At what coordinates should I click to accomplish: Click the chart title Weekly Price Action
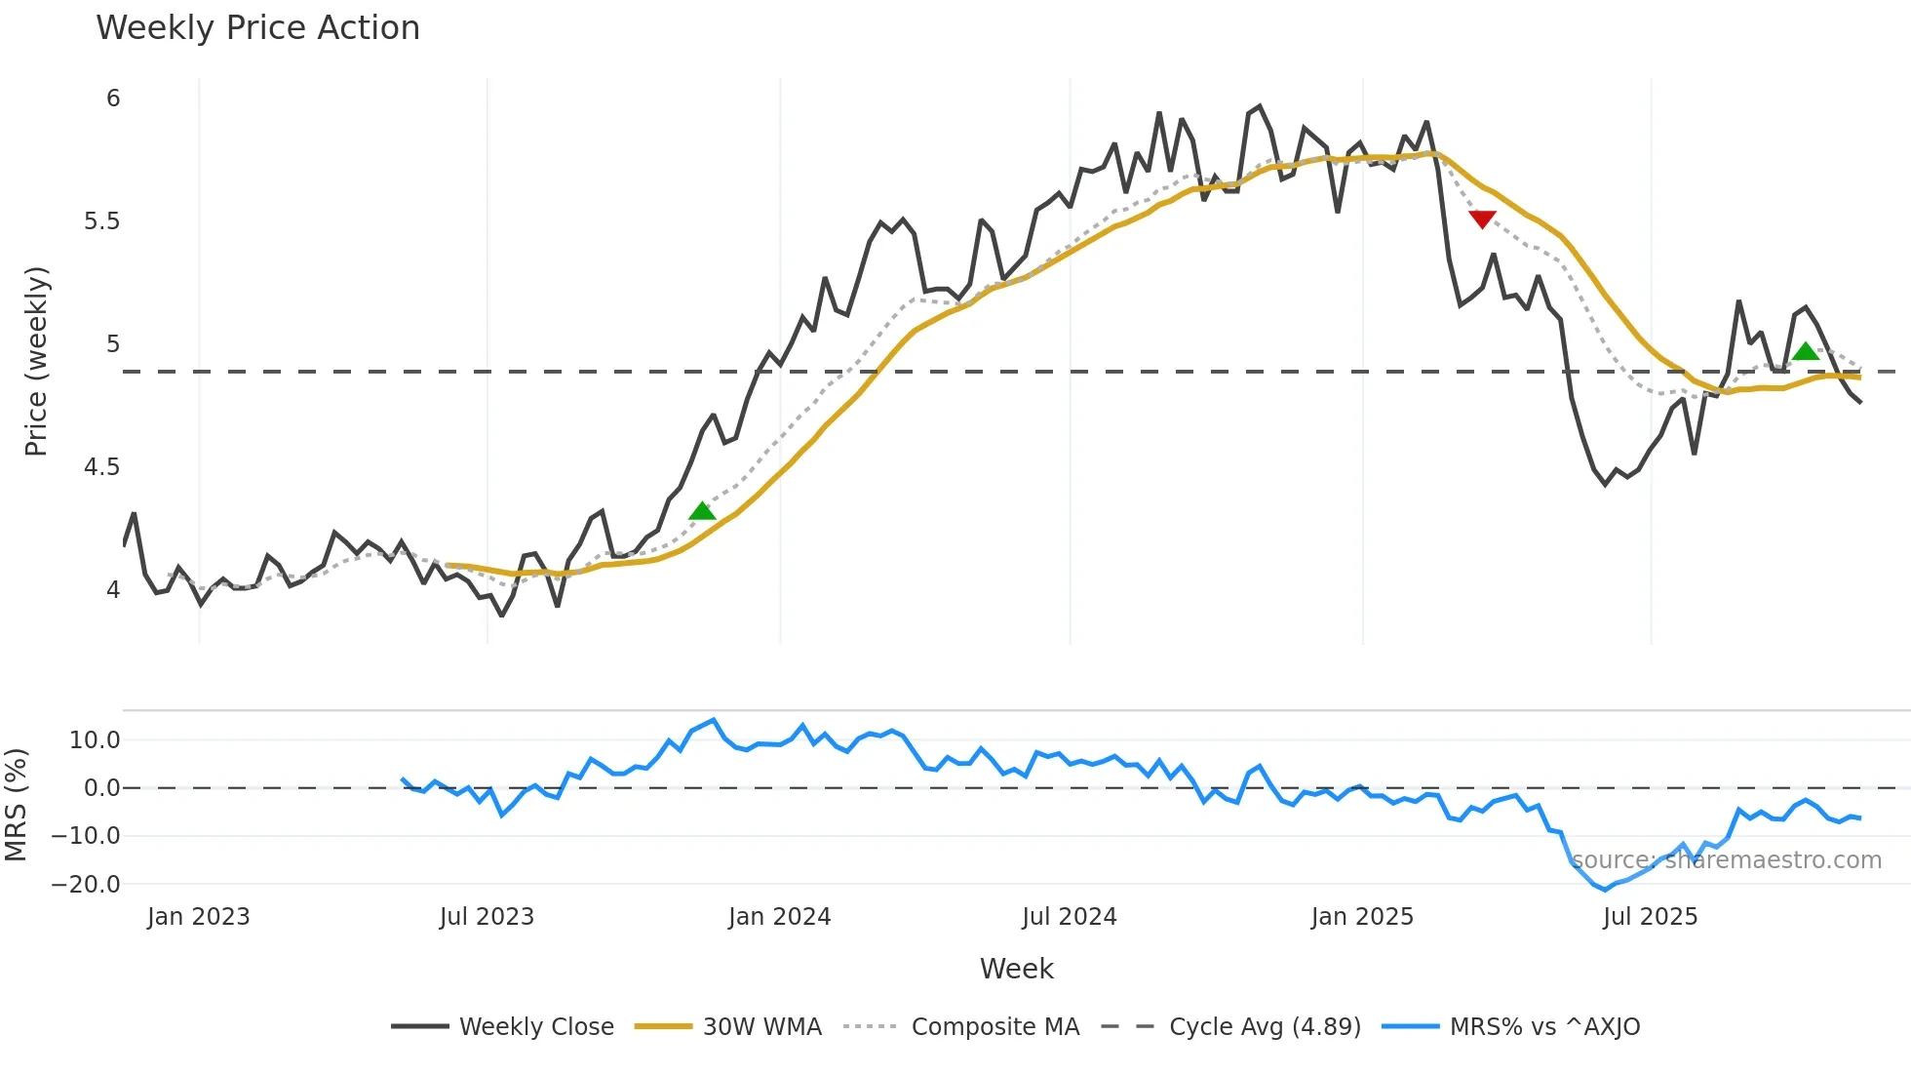tap(257, 28)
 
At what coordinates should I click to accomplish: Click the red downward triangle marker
tap(1482, 219)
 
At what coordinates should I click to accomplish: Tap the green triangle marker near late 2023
tap(702, 511)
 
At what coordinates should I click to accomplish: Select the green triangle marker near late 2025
tap(1806, 351)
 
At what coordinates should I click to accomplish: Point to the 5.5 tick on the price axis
tap(101, 221)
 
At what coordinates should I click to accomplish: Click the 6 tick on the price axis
tap(113, 99)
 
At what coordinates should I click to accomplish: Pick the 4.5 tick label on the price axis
tap(101, 467)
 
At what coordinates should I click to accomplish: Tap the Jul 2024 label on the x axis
tap(1069, 917)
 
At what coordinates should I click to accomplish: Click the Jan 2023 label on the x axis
tap(199, 917)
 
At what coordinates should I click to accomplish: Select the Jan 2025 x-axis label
tap(1361, 917)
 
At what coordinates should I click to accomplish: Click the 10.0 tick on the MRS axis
tap(95, 740)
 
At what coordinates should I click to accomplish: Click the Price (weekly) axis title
tap(36, 361)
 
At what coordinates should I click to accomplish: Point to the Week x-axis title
tap(1016, 969)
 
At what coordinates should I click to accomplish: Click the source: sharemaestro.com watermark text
tap(1726, 860)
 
